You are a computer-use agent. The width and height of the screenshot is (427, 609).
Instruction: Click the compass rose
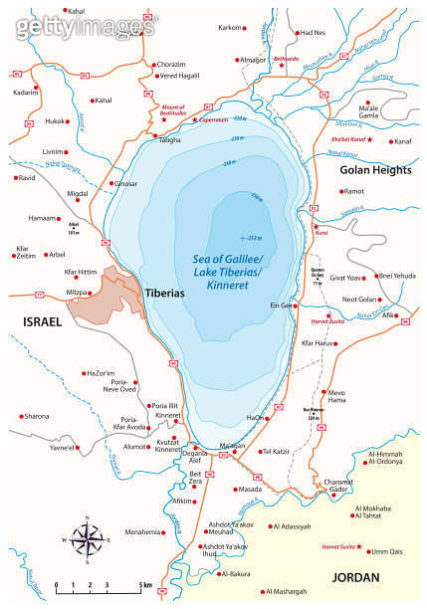pos(88,540)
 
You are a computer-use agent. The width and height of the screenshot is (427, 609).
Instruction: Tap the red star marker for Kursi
pos(316,228)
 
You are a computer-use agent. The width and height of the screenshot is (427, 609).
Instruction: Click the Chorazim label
pos(171,65)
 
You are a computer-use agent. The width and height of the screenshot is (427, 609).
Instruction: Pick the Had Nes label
pos(313,32)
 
